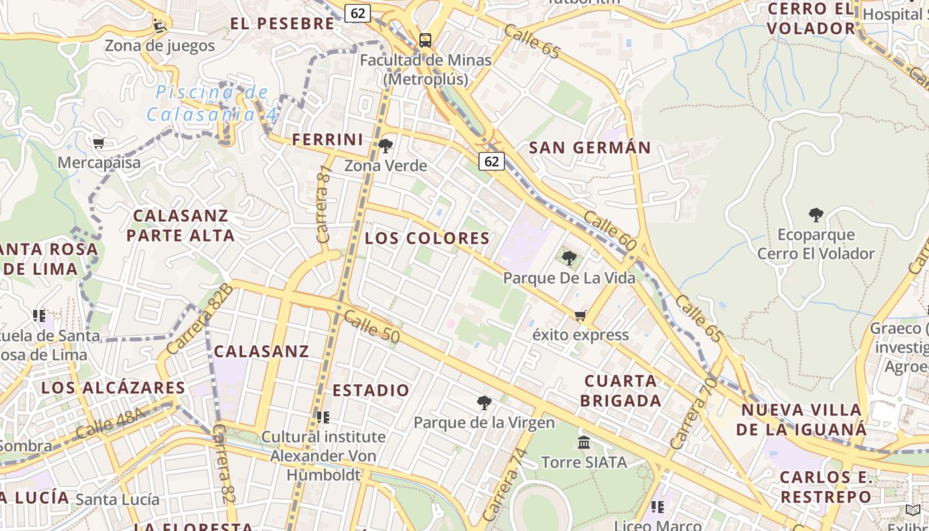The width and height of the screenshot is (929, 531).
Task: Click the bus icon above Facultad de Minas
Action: point(425,40)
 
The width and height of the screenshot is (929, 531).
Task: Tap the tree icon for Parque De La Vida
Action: point(569,258)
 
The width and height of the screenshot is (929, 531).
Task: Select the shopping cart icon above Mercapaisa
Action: point(99,143)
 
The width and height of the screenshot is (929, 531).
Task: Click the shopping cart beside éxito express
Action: point(581,315)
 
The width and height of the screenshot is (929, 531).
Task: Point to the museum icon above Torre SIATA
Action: point(584,442)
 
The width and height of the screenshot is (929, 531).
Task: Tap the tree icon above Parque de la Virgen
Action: point(484,402)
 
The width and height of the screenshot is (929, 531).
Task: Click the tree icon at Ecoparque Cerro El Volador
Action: point(816,215)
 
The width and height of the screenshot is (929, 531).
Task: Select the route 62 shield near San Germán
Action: point(492,161)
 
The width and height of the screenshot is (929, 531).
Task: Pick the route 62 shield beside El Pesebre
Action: point(358,13)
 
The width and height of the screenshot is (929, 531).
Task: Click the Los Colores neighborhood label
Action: point(427,238)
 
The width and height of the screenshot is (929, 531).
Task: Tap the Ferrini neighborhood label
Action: point(328,140)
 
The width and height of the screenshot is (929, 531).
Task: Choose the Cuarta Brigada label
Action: point(622,391)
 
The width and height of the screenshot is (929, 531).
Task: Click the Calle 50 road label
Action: point(372,328)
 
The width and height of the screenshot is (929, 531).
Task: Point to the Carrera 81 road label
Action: point(324,204)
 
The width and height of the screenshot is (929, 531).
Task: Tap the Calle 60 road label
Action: point(610,232)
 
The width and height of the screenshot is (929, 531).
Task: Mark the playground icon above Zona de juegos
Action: point(160,25)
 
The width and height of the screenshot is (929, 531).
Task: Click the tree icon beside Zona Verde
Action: point(386,145)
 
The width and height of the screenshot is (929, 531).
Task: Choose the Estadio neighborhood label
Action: point(371,390)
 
